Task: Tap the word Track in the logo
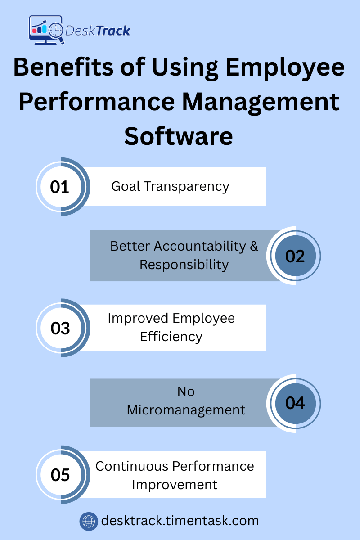pyautogui.click(x=112, y=31)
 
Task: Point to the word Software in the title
pyautogui.click(x=179, y=135)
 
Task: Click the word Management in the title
pyautogui.click(x=261, y=101)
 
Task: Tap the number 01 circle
pyautogui.click(x=60, y=187)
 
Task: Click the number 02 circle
pyautogui.click(x=295, y=256)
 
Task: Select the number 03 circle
pyautogui.click(x=60, y=328)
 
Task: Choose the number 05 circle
pyautogui.click(x=60, y=475)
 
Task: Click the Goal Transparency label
pyautogui.click(x=171, y=186)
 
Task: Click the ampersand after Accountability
pyautogui.click(x=254, y=246)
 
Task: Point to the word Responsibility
pyautogui.click(x=184, y=265)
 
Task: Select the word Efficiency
pyautogui.click(x=171, y=337)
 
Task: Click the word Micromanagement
pyautogui.click(x=186, y=410)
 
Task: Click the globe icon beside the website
pyautogui.click(x=89, y=522)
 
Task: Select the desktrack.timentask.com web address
pyautogui.click(x=180, y=521)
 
